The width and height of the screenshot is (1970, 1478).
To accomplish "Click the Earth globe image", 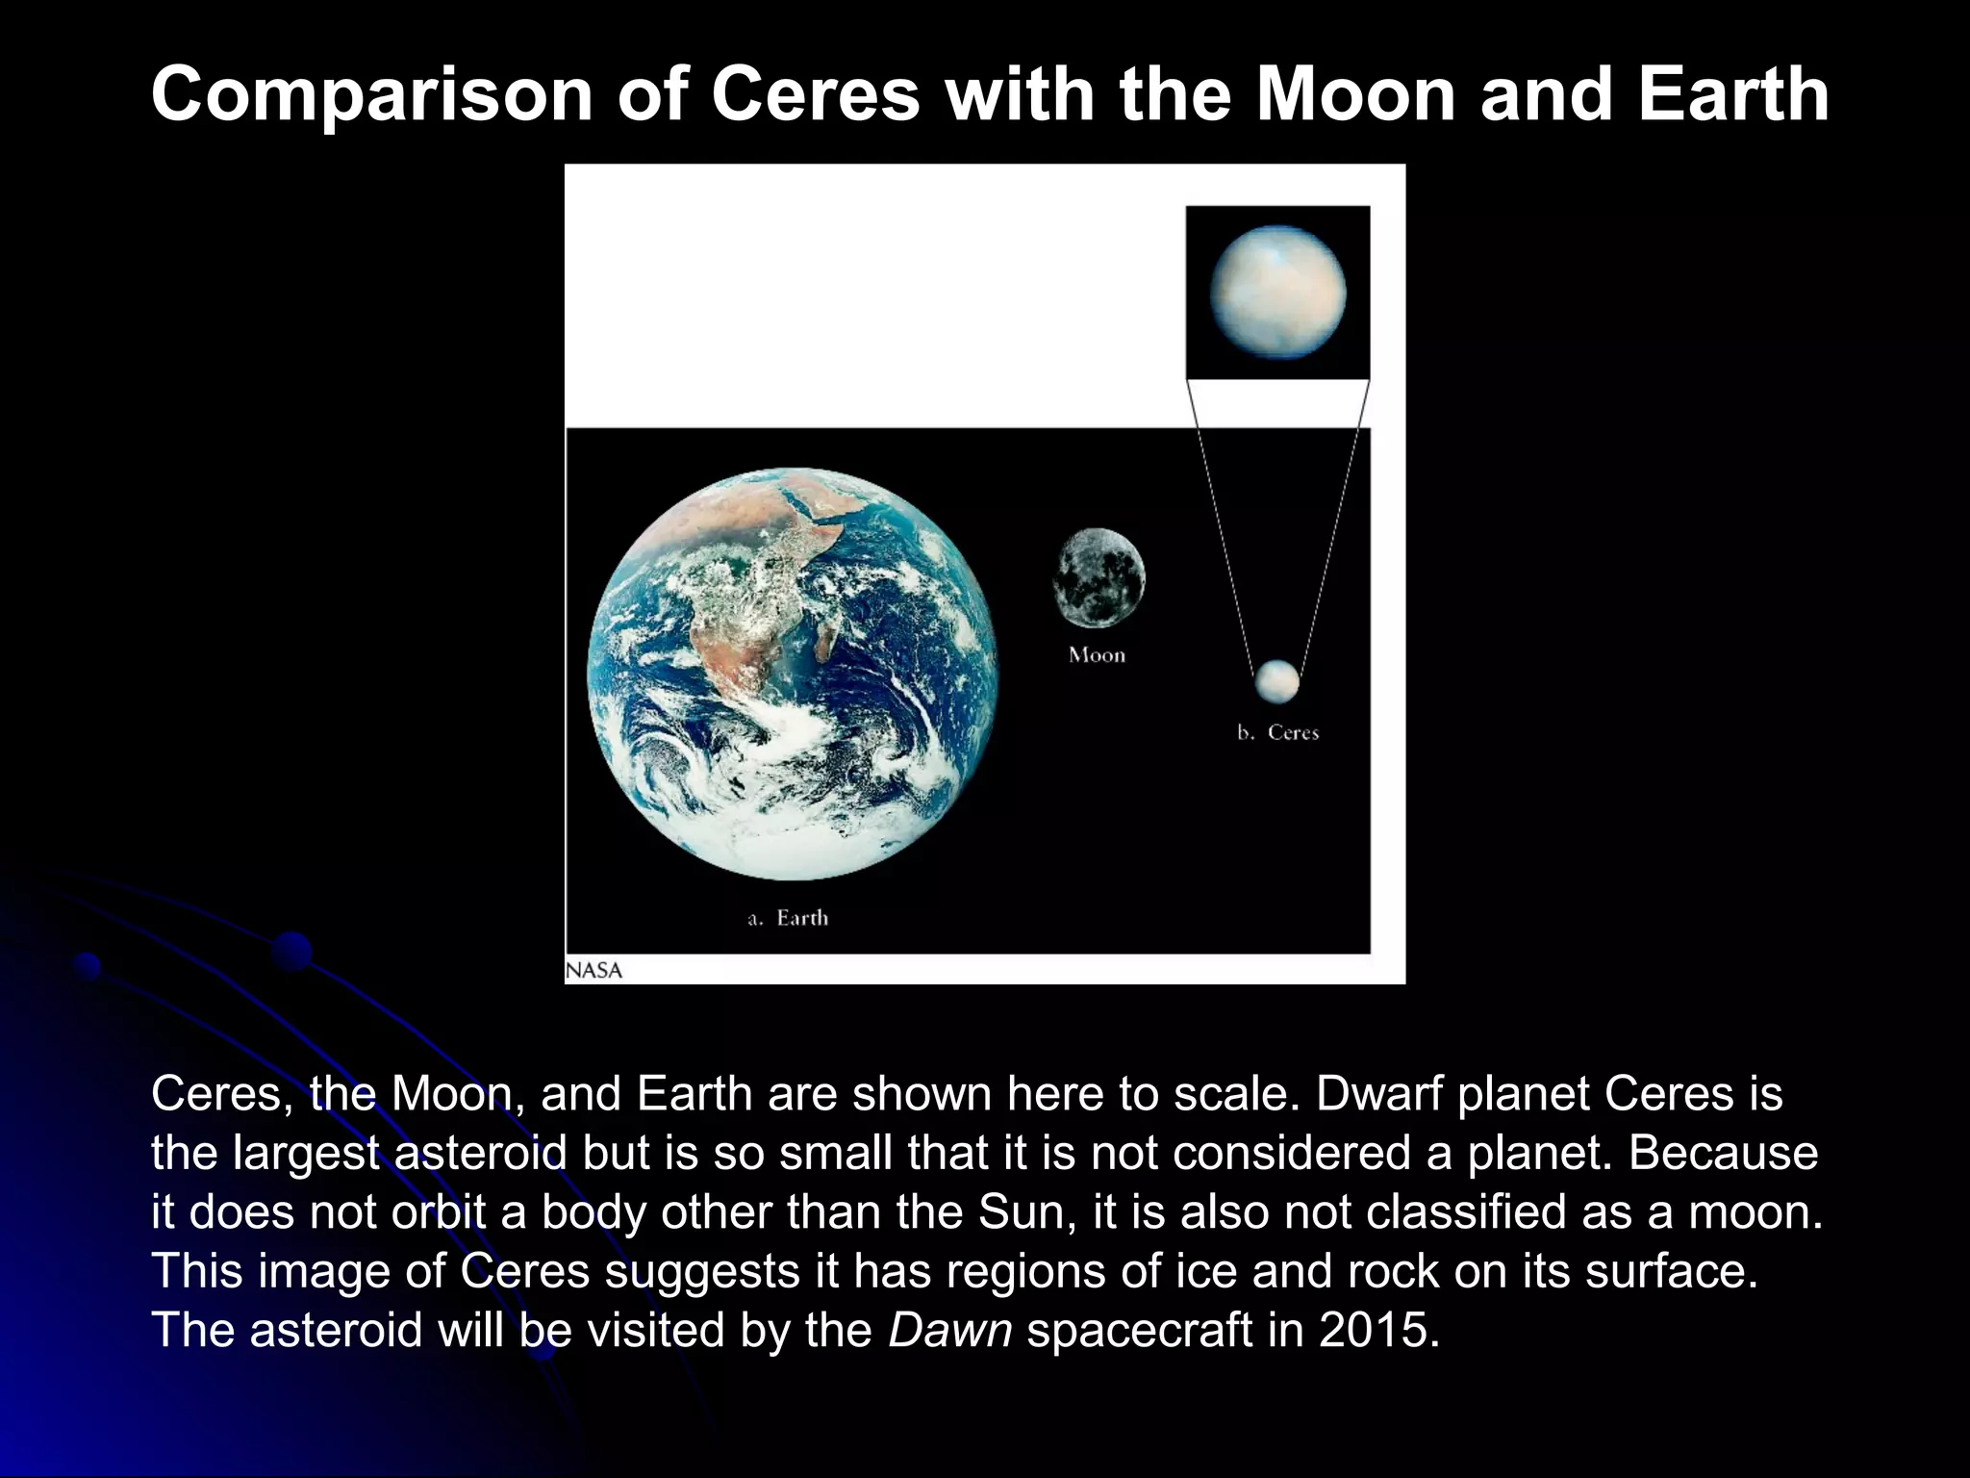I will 792,674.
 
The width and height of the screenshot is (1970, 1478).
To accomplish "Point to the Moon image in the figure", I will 1099,577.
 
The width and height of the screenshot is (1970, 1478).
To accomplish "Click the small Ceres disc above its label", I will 1276,681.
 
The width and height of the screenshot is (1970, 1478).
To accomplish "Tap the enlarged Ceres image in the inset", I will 1277,293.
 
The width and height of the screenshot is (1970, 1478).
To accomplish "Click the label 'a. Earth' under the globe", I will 788,918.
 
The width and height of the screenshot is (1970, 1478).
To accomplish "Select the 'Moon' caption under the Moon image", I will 1097,655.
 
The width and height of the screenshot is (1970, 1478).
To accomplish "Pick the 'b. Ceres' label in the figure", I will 1277,732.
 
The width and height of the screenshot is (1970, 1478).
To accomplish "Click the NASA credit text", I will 594,970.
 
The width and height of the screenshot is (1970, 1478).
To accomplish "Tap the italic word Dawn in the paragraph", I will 949,1331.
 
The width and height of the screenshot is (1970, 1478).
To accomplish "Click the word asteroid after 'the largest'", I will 481,1154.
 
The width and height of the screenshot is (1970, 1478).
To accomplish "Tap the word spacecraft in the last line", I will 1138,1331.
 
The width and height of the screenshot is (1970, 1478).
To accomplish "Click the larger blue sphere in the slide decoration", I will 291,952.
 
